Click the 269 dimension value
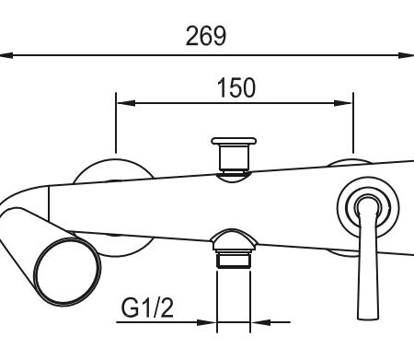[x=206, y=36]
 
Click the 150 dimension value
[x=236, y=87]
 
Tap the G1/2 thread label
[x=147, y=308]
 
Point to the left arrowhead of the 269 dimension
[x=6, y=55]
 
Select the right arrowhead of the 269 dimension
[x=407, y=55]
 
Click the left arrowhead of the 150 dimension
[x=126, y=103]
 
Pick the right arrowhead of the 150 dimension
[x=343, y=103]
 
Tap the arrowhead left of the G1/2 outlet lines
[x=206, y=322]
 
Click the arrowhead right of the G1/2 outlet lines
[x=261, y=322]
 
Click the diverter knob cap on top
[x=234, y=141]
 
